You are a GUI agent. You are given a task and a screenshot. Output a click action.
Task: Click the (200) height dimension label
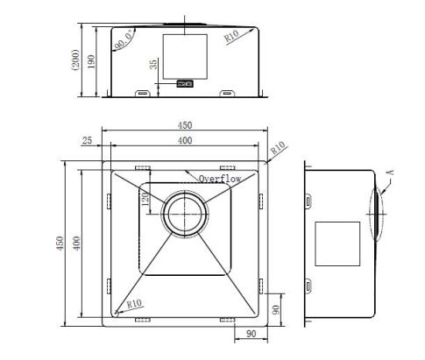(x=75, y=60)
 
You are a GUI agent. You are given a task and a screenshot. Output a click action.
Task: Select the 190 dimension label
(x=91, y=61)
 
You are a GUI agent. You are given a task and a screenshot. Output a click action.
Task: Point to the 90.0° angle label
(x=124, y=40)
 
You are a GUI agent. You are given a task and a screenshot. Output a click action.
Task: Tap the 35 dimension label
(x=153, y=64)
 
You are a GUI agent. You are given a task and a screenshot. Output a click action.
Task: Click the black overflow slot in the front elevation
(x=185, y=84)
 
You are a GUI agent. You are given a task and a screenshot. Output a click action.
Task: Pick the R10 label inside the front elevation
(x=231, y=36)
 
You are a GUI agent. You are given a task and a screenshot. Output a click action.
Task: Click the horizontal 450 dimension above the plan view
(x=185, y=125)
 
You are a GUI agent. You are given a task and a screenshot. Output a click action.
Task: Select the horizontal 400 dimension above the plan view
(x=185, y=140)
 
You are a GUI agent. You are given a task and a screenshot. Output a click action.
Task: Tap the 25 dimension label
(x=87, y=141)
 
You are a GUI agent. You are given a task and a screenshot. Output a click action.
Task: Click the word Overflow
(x=220, y=179)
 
